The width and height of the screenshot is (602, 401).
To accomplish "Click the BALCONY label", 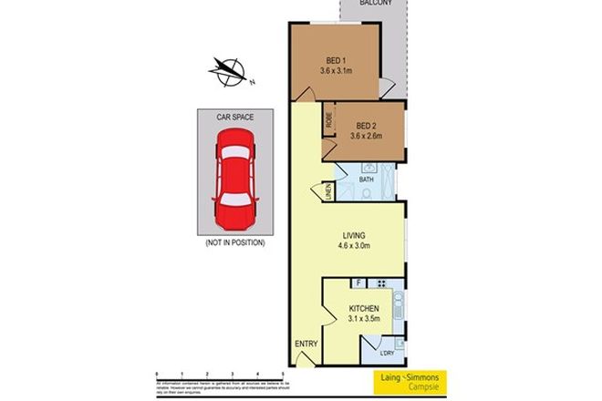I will click(x=375, y=5).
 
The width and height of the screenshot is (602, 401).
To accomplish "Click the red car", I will click(x=235, y=179).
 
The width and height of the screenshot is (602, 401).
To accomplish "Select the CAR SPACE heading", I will click(x=235, y=118).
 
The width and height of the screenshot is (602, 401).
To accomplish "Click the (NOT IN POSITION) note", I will click(x=235, y=243).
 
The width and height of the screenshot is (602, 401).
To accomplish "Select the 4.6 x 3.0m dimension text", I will click(x=353, y=244).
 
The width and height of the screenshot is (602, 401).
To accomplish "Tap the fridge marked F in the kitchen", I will click(x=359, y=283).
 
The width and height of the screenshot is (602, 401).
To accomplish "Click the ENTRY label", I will click(x=304, y=343).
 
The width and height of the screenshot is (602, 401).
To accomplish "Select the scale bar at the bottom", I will click(x=221, y=375).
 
